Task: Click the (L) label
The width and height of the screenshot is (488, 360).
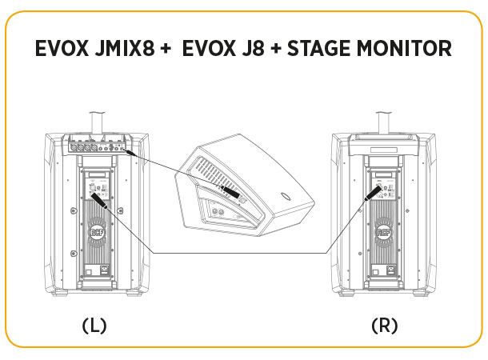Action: [x=94, y=326]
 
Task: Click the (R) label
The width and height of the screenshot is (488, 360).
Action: [x=385, y=326]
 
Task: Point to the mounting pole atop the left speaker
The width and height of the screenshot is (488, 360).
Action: [x=98, y=122]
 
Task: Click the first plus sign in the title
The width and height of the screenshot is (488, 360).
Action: [x=166, y=48]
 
